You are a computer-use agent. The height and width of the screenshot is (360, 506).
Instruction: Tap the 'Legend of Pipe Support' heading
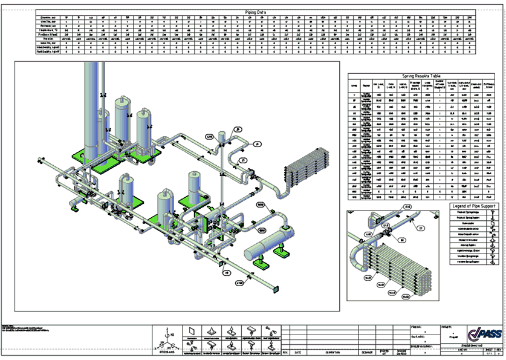pyautogui.click(x=476, y=207)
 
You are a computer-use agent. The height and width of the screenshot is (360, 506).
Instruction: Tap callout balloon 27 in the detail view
pyautogui.click(x=421, y=228)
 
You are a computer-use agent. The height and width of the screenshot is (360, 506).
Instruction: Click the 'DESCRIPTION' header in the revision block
pyautogui.click(x=331, y=351)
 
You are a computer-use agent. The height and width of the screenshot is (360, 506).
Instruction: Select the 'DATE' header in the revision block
pyautogui.click(x=298, y=351)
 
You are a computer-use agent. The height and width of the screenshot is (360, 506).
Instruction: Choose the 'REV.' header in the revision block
pyautogui.click(x=285, y=351)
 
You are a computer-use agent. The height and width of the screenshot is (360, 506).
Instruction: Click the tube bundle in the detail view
pyautogui.click(x=399, y=269)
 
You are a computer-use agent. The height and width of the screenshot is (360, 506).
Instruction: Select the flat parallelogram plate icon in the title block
pyautogui.click(x=193, y=330)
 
